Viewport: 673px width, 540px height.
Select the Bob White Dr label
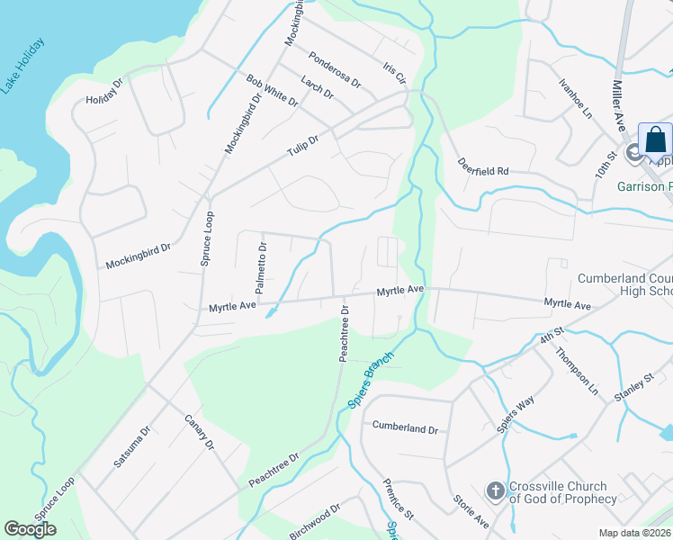coord(272,91)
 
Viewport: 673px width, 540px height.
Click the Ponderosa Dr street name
coord(334,68)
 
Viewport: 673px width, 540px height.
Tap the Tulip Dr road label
coord(304,147)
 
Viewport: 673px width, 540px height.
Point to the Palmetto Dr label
coord(260,268)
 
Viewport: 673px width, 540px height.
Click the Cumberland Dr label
coord(405,429)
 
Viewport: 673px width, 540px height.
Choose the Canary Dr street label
coord(199,433)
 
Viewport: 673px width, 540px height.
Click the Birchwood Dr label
coord(315,522)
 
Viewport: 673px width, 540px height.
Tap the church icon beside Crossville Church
coord(495,491)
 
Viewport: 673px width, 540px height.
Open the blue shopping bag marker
coord(655,141)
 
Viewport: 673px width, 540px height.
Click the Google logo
coord(31,528)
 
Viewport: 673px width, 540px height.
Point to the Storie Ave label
coord(470,508)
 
